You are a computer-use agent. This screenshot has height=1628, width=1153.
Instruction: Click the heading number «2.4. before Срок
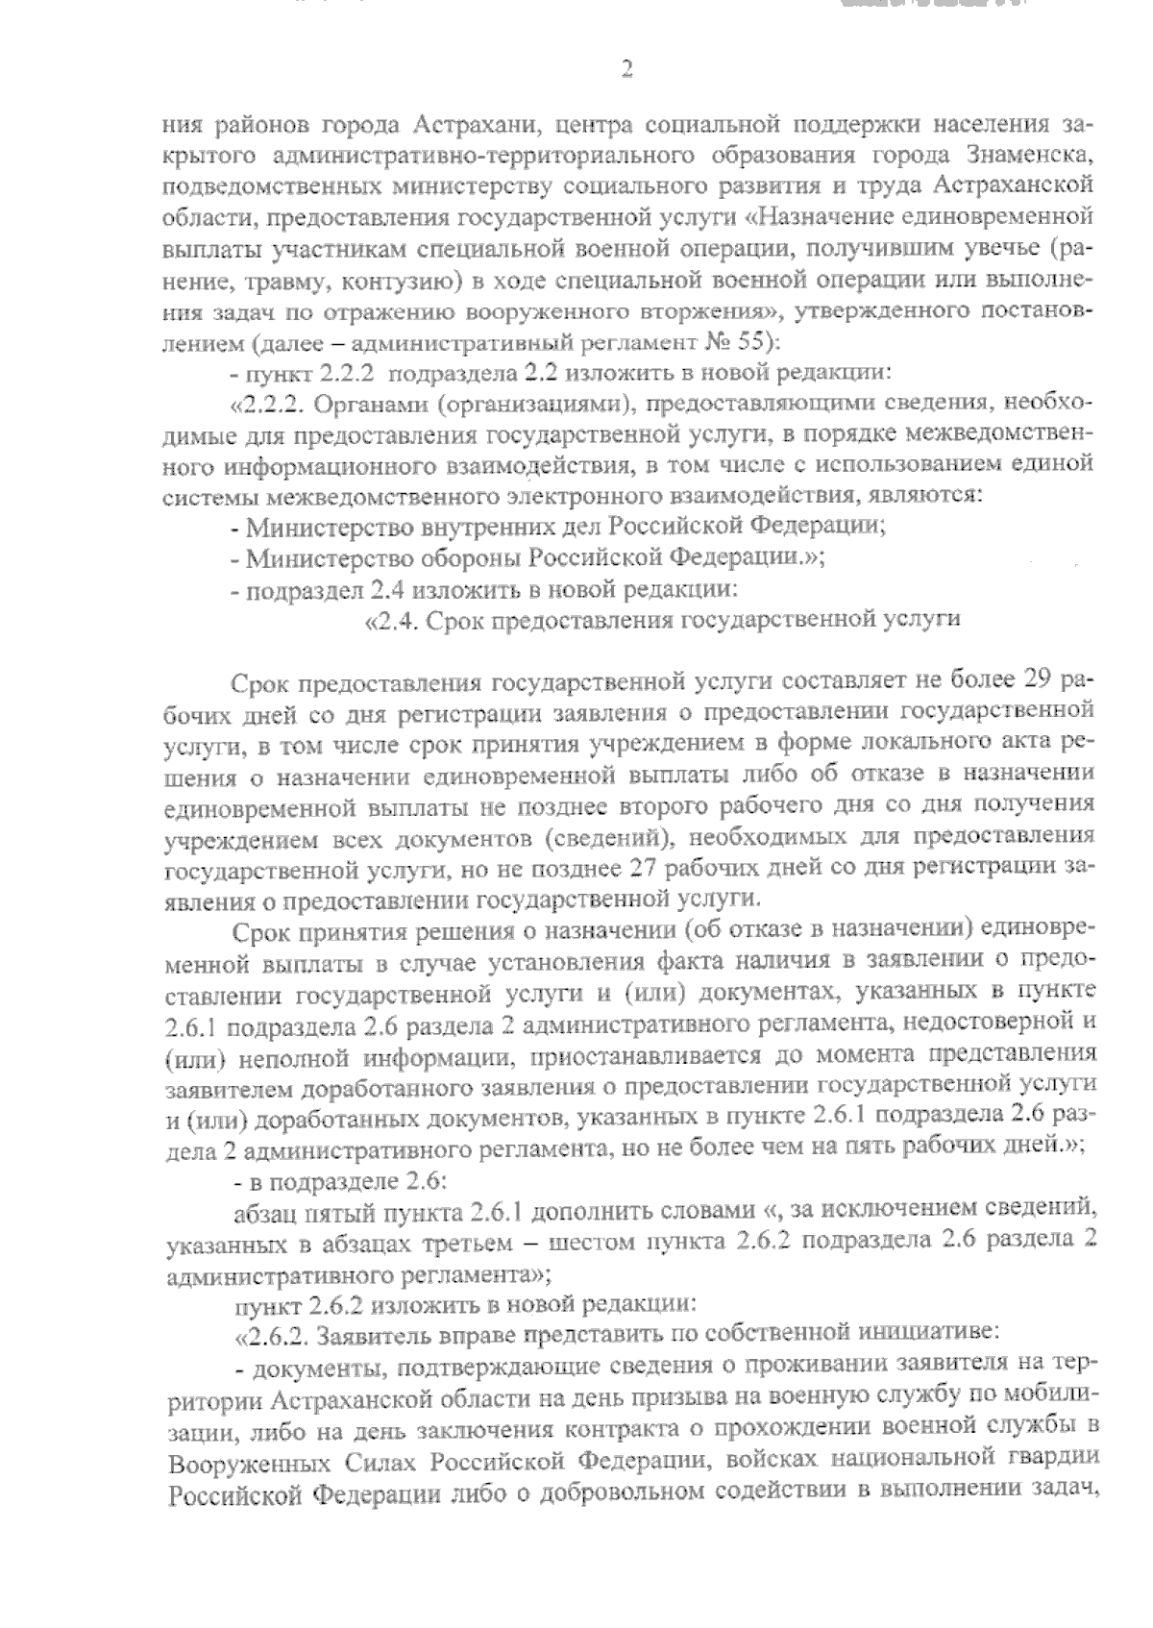click(392, 620)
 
